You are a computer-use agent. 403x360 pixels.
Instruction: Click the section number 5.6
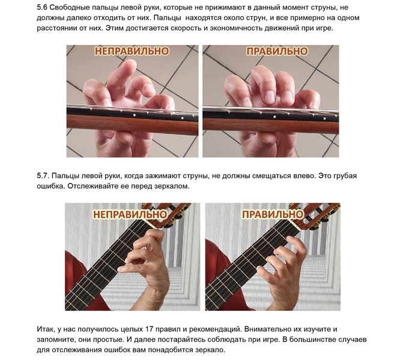pos(41,7)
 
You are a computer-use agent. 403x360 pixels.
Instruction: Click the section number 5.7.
pos(43,175)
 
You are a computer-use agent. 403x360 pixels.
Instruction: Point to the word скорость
pos(186,28)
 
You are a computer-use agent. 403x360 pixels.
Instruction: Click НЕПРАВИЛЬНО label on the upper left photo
pos(132,51)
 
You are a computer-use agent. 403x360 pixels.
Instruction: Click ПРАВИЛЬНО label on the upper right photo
pos(277,51)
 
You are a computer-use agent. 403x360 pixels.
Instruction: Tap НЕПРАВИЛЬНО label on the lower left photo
pos(130,214)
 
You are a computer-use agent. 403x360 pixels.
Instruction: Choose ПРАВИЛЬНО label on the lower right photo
pos(273,214)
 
